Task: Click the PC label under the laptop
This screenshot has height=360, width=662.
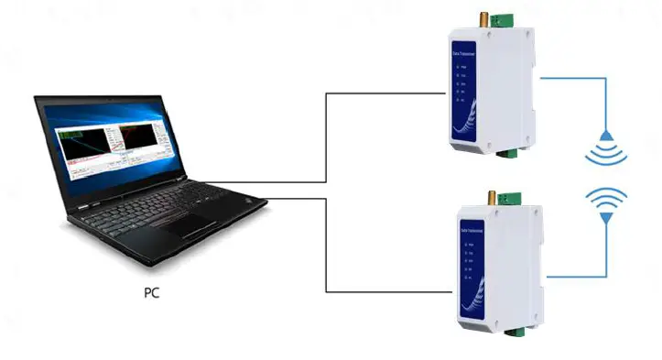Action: coord(157,295)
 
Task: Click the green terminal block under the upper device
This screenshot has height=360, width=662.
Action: coord(505,153)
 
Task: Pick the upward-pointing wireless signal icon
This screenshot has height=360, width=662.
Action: coord(606,203)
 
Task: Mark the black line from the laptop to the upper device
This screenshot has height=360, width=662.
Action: coord(327,137)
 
